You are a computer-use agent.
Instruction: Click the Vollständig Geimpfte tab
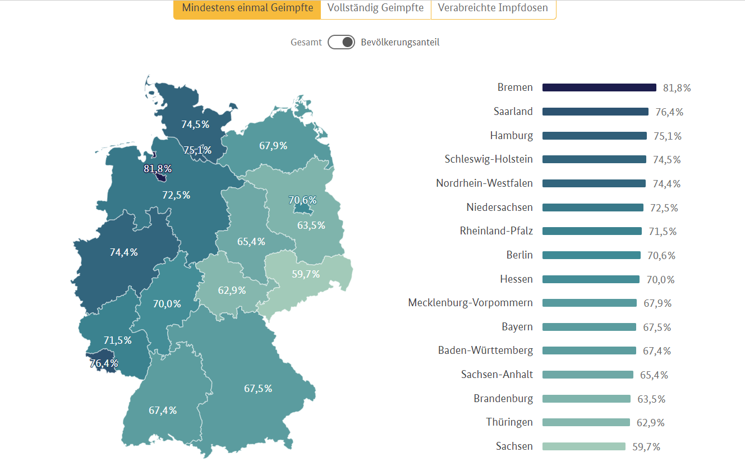(x=375, y=8)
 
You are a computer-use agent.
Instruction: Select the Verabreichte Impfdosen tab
(x=493, y=8)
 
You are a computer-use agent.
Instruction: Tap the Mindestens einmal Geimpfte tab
(x=247, y=8)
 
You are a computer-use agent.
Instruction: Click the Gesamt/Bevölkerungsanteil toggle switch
(x=341, y=42)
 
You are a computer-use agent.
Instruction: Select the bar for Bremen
(x=599, y=87)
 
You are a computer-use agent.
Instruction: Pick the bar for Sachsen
(x=583, y=446)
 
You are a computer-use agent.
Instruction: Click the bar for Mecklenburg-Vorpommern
(x=589, y=303)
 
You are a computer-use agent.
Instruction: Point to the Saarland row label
(x=513, y=112)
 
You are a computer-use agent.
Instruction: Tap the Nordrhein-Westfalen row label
(x=484, y=183)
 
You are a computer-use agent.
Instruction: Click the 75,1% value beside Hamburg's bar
(x=668, y=136)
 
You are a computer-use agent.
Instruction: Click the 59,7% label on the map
(x=306, y=274)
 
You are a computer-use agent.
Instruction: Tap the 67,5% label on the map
(x=258, y=388)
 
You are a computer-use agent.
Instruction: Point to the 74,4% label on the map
(x=123, y=252)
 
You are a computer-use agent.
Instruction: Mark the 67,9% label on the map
(x=273, y=146)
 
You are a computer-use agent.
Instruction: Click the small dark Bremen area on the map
(x=162, y=177)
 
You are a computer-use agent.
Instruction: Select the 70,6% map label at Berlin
(x=302, y=200)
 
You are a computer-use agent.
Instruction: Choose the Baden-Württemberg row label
(x=485, y=351)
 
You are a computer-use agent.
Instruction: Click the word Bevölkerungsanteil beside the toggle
(x=400, y=42)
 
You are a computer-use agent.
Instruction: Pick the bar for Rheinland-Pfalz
(x=592, y=231)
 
